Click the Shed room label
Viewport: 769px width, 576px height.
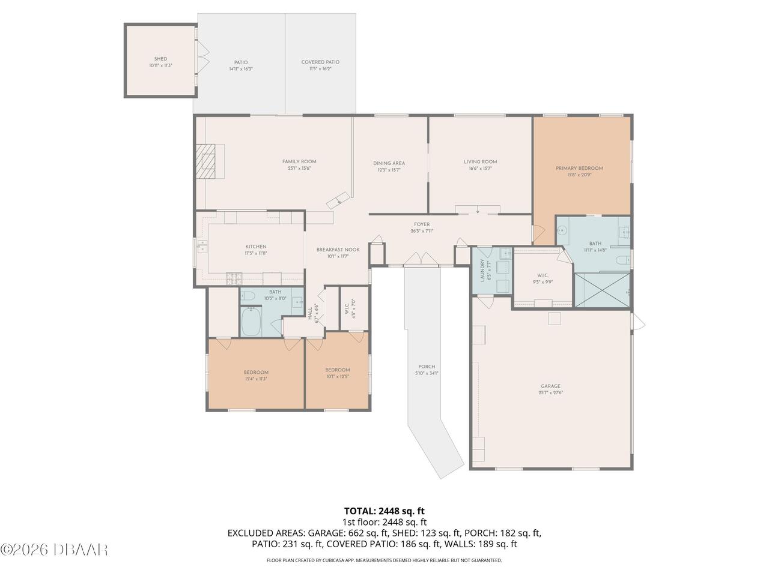pyautogui.click(x=160, y=59)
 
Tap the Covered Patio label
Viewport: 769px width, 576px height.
pyautogui.click(x=320, y=62)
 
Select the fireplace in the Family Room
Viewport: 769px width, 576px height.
pyautogui.click(x=208, y=161)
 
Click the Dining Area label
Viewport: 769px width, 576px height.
pyautogui.click(x=389, y=163)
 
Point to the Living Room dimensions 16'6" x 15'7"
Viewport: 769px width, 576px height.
pyautogui.click(x=480, y=169)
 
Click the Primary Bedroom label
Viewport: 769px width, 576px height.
pyautogui.click(x=579, y=169)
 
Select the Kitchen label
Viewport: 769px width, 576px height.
pyautogui.click(x=255, y=247)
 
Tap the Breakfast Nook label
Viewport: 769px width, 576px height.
pyautogui.click(x=338, y=250)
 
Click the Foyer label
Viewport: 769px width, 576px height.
pyautogui.click(x=422, y=224)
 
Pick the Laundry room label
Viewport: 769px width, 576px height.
pyautogui.click(x=482, y=270)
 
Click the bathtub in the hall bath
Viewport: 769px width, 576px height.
pyautogui.click(x=251, y=322)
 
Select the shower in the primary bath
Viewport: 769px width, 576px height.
pyautogui.click(x=603, y=290)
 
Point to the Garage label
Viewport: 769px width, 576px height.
pyautogui.click(x=550, y=386)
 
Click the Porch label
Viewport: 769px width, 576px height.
pyautogui.click(x=427, y=367)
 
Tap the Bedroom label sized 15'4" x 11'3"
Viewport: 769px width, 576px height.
pyautogui.click(x=256, y=373)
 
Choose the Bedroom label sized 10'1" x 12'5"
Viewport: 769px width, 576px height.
pyautogui.click(x=337, y=370)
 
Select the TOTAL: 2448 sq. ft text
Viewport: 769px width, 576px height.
pyautogui.click(x=384, y=511)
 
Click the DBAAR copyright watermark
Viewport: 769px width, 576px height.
pyautogui.click(x=54, y=549)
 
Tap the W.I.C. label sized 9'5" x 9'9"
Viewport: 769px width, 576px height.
pyautogui.click(x=542, y=275)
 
